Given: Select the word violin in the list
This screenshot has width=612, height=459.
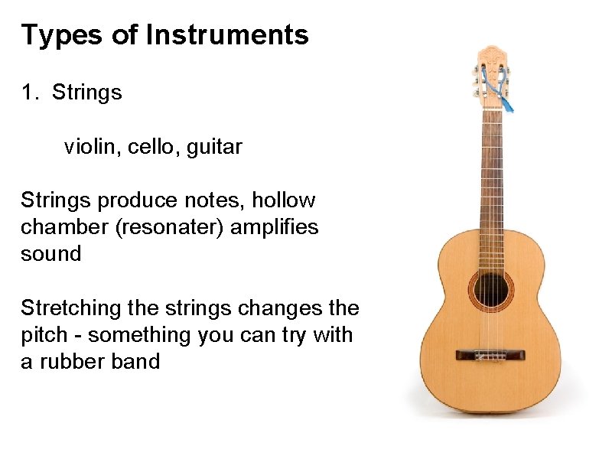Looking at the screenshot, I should [x=88, y=146].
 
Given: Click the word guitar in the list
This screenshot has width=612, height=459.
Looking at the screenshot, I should [x=213, y=146].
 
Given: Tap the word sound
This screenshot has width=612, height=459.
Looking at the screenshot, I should [x=50, y=253].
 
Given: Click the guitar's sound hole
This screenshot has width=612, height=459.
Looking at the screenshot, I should [x=490, y=288].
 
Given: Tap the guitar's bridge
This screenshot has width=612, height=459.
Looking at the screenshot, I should [x=490, y=355].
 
